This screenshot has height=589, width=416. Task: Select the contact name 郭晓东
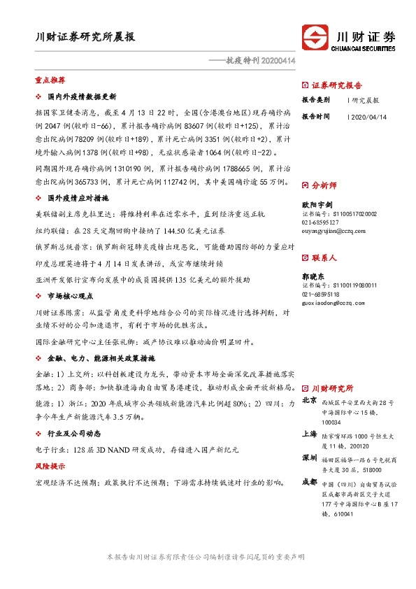(315, 277)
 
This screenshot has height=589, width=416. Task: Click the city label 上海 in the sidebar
(309, 434)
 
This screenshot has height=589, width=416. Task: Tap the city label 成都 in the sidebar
(309, 481)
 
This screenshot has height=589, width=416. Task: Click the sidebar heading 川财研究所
(332, 387)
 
